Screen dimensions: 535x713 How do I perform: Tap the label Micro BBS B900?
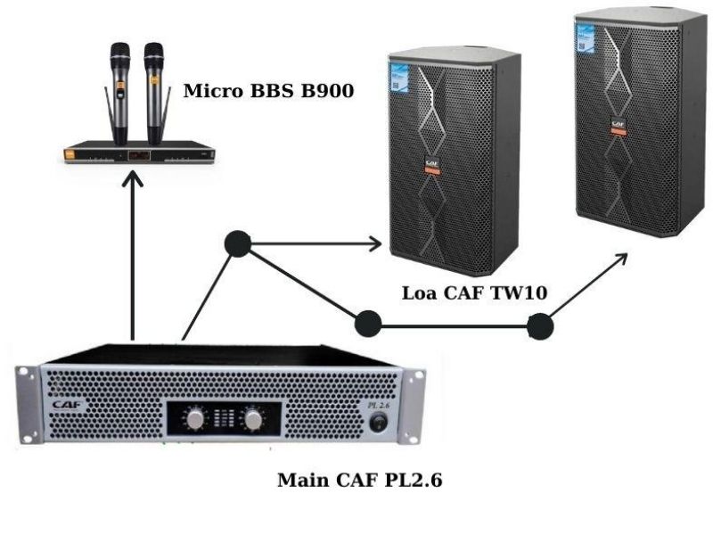tap(268, 91)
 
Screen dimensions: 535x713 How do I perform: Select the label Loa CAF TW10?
tap(474, 292)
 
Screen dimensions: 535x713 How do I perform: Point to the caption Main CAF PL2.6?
tap(360, 481)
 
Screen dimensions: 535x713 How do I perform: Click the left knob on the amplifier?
tap(193, 418)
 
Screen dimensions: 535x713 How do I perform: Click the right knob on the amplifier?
tap(255, 418)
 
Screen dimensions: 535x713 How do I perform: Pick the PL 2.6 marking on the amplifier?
tap(381, 406)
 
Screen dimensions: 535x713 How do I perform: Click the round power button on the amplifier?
tap(381, 425)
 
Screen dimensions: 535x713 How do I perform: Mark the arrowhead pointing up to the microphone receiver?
tap(133, 182)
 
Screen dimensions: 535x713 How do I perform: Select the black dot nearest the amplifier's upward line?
tap(236, 242)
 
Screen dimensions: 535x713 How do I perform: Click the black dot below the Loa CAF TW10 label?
tap(368, 324)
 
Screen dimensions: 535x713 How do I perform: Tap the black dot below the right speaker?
tap(539, 327)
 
